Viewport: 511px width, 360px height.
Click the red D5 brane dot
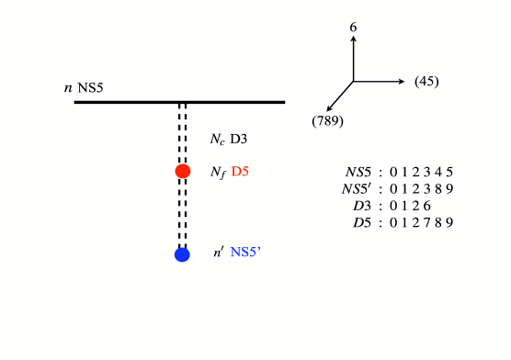tap(183, 171)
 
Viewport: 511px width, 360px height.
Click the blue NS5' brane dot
tap(182, 254)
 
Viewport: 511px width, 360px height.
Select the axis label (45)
tap(426, 82)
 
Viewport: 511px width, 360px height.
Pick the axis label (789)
tap(327, 120)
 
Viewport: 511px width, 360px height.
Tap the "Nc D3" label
tap(230, 139)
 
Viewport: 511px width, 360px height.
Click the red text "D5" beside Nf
tap(241, 171)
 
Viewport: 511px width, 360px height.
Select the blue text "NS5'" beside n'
tap(246, 252)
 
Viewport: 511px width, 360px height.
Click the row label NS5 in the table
tap(359, 171)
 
